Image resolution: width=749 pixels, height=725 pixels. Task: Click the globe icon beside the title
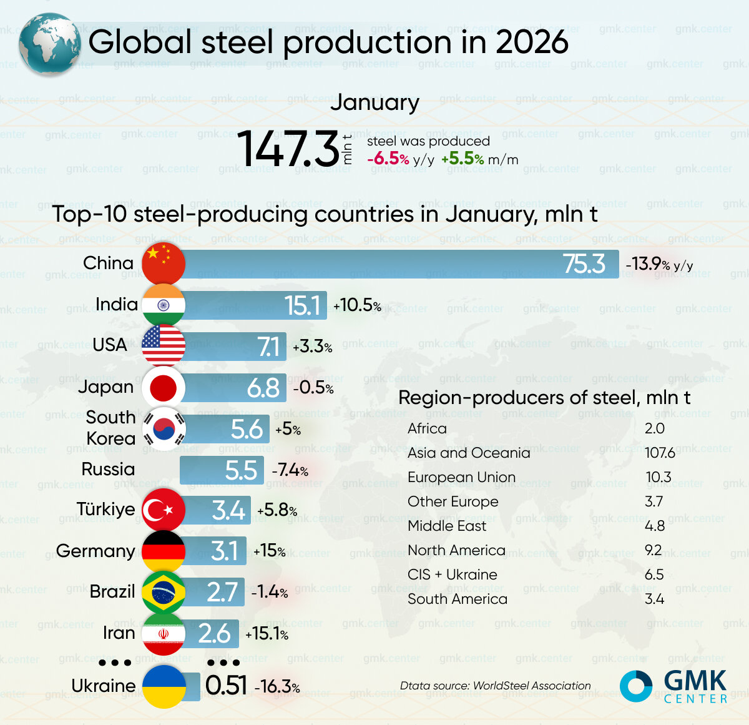(x=49, y=44)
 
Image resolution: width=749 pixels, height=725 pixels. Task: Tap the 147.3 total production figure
(x=288, y=149)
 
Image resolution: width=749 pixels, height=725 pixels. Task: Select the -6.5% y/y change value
(x=388, y=159)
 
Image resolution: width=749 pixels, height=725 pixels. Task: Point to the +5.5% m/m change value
(x=463, y=159)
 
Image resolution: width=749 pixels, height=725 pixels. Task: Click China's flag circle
(x=164, y=264)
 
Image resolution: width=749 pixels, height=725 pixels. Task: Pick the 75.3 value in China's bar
(x=584, y=264)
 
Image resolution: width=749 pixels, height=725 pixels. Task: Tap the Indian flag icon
(x=164, y=305)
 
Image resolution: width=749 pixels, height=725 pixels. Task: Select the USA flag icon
(x=164, y=345)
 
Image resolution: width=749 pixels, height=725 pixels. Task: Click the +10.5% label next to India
(x=357, y=305)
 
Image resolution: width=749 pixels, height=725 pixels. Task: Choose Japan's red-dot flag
(x=164, y=387)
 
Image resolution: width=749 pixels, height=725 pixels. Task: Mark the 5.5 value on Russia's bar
(x=241, y=470)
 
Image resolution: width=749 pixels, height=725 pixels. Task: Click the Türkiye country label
(x=105, y=510)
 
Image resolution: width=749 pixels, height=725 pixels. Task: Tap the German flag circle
(x=164, y=551)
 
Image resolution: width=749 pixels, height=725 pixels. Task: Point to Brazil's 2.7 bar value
(x=222, y=592)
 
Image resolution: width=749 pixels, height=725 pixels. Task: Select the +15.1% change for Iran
(x=267, y=634)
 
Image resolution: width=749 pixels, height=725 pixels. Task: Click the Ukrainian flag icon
(x=164, y=686)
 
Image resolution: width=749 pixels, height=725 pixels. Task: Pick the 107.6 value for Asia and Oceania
(x=660, y=453)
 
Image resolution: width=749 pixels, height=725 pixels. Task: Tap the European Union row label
(x=461, y=477)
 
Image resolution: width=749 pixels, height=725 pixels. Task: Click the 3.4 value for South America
(x=654, y=599)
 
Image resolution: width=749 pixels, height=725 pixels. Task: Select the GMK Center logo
(x=673, y=686)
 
